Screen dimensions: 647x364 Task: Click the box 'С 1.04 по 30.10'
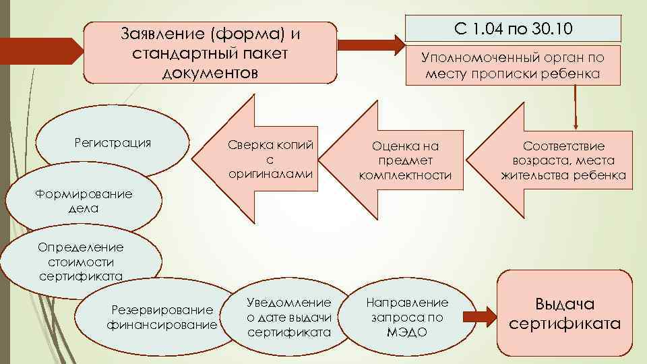tap(514, 29)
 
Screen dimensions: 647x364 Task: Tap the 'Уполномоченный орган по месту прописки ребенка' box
tap(513, 66)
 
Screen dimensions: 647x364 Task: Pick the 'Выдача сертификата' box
tap(565, 313)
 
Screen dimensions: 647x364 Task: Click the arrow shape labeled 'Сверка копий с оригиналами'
tap(259, 160)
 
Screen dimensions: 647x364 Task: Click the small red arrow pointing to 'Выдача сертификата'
tap(481, 315)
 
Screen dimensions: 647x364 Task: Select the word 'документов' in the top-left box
tap(210, 71)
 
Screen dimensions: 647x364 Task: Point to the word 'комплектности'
tap(404, 175)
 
